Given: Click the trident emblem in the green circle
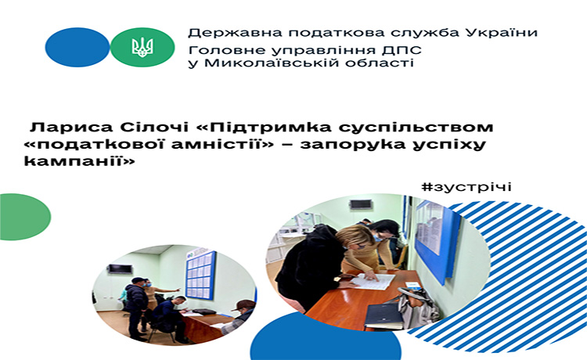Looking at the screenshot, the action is (142, 48).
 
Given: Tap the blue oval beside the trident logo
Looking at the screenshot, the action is (77, 47).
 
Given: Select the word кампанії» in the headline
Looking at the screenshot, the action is (79, 161).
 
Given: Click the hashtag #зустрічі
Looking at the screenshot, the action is (466, 186).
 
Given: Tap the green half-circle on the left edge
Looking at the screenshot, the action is (25, 217).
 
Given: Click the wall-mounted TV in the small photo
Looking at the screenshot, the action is (120, 268).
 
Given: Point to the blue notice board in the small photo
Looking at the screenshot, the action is (201, 275).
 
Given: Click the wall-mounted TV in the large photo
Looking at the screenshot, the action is (361, 204).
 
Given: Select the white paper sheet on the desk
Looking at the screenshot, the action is (372, 281).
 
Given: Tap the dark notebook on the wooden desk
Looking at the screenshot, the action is (384, 315).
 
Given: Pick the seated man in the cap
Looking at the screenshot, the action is (239, 316).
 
